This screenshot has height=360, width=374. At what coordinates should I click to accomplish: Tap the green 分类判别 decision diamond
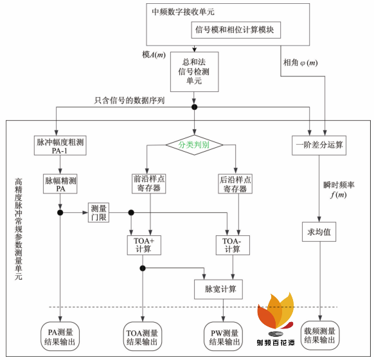click(x=193, y=145)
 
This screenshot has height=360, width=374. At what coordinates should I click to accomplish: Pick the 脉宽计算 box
click(x=220, y=289)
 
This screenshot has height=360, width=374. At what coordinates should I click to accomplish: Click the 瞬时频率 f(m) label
click(x=338, y=190)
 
